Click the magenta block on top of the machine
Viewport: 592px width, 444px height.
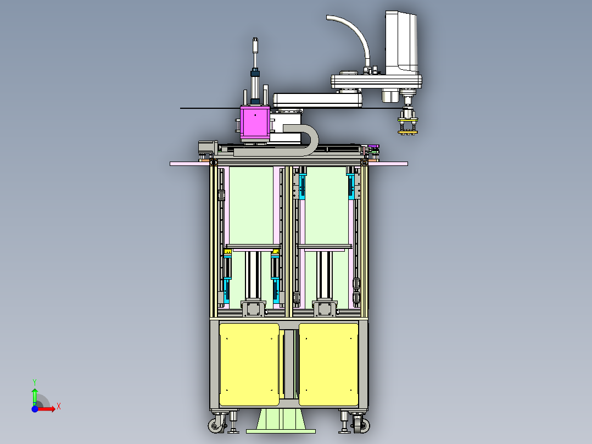point(255,121)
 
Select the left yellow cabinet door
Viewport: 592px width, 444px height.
point(249,364)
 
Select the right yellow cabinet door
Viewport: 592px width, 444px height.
point(328,364)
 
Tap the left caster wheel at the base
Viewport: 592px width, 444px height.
point(216,425)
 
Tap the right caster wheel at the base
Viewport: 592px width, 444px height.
point(362,425)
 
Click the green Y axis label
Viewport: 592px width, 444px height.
point(35,382)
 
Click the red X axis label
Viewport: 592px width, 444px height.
point(59,407)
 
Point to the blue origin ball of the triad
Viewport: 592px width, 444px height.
point(35,409)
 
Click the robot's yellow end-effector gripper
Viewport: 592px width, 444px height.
point(407,126)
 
